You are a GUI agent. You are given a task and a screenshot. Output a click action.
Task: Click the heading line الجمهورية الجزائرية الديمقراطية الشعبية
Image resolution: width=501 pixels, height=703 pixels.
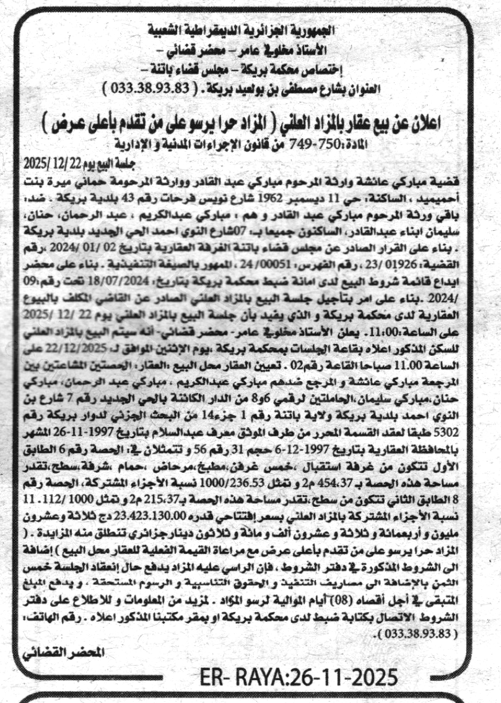click(250, 30)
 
